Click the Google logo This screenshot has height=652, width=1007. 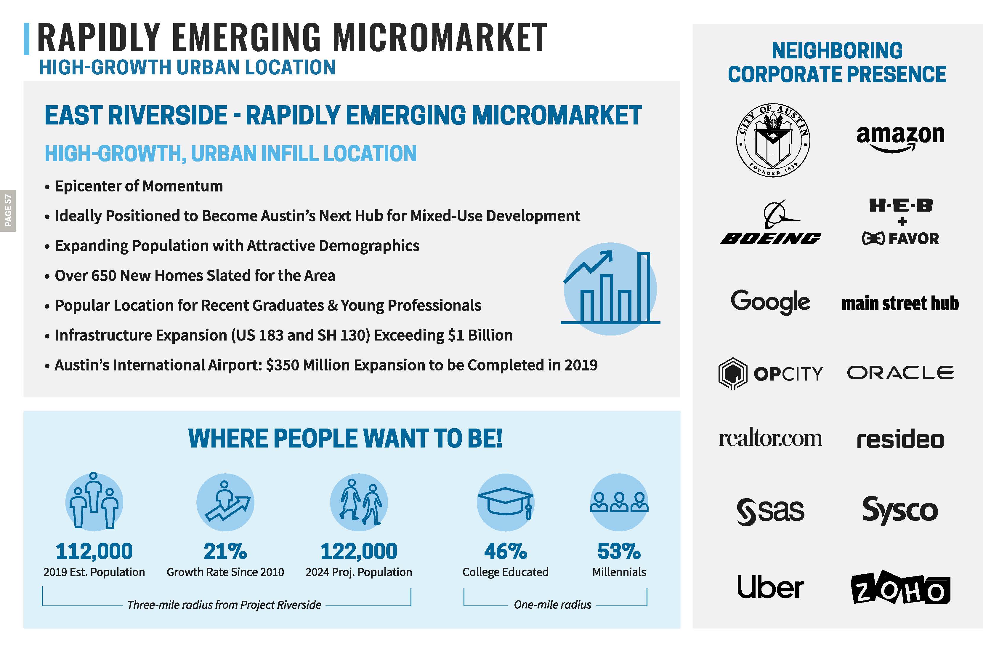coord(770,302)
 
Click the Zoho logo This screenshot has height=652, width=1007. coord(900,589)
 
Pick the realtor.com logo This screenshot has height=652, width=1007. coord(770,439)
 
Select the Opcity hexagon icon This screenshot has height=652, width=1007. coord(732,373)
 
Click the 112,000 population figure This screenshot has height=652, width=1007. coord(94,551)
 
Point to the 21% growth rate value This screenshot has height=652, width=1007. coord(225,551)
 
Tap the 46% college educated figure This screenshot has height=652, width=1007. coord(506,551)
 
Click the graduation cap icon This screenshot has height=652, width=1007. coord(506,502)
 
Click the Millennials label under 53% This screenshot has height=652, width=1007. coord(619,572)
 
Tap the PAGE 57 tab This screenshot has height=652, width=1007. coord(8,210)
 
